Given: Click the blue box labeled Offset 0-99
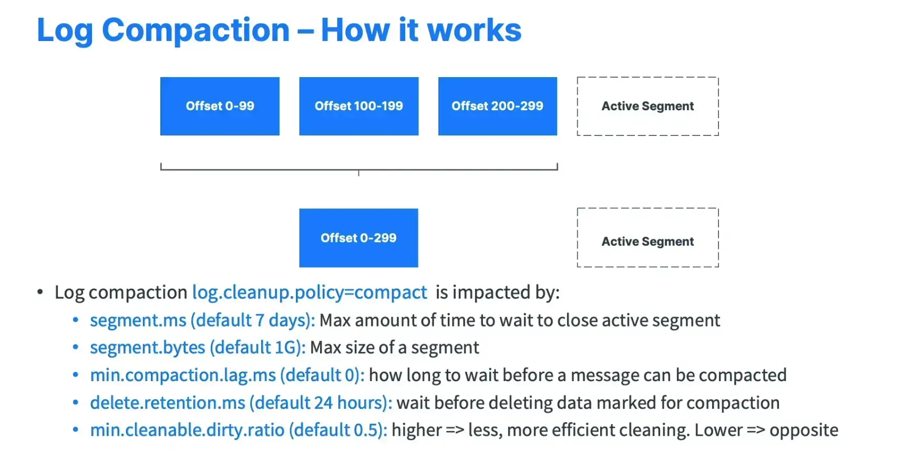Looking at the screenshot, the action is (x=220, y=106).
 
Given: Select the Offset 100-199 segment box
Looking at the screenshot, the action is (x=359, y=106).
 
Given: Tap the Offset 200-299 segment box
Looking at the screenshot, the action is (x=498, y=106).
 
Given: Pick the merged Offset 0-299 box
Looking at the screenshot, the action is (x=358, y=238).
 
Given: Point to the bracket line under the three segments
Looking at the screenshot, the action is (x=359, y=170).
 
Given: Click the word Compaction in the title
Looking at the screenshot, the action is (x=196, y=30).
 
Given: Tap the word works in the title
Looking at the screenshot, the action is (x=474, y=30).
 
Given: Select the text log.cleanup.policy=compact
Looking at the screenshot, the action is (x=310, y=292).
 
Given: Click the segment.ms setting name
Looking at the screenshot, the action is (x=138, y=320).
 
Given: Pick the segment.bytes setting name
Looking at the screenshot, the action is (x=148, y=348).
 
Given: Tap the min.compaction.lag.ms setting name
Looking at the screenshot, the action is (x=183, y=375).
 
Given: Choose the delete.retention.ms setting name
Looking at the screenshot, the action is (x=168, y=403).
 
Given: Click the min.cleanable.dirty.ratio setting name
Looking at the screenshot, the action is (x=187, y=430).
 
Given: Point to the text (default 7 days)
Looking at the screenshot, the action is (x=253, y=320).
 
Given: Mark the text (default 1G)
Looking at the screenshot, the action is (x=258, y=348).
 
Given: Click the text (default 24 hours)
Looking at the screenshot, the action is (x=321, y=403).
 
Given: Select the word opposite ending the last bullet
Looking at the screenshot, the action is (x=804, y=430).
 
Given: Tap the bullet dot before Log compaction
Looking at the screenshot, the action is (x=40, y=292).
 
